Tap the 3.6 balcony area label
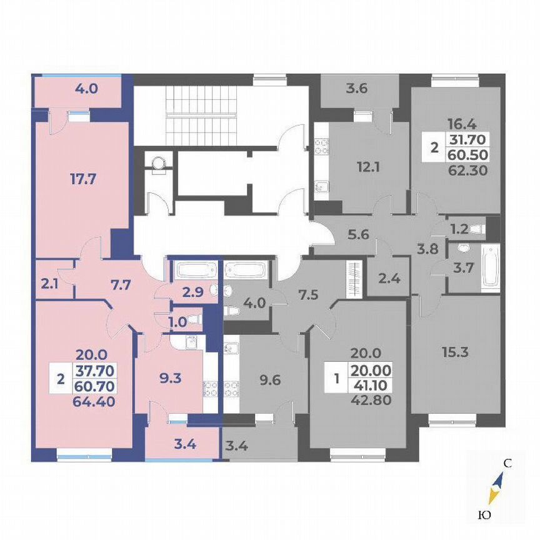tap(357, 88)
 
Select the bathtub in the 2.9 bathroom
tap(195, 271)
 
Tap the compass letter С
tap(508, 464)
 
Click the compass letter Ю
tap(483, 515)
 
